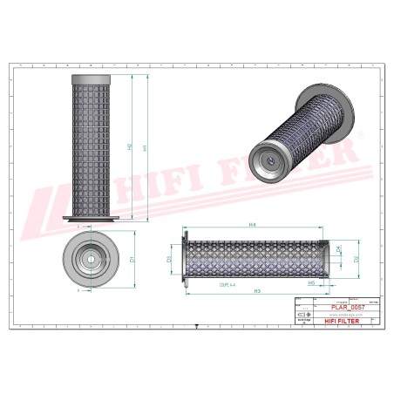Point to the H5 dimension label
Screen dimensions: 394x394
click(x=310, y=282)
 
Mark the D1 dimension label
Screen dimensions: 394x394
click(x=132, y=259)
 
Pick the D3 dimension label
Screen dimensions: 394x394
click(x=170, y=259)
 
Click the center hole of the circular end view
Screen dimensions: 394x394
click(x=91, y=259)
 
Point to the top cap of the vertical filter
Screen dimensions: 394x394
click(x=91, y=77)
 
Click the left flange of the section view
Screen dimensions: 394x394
click(x=186, y=259)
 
